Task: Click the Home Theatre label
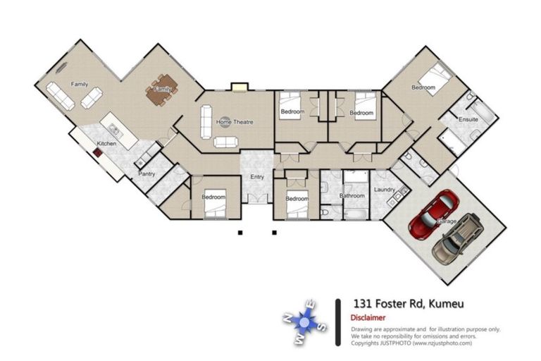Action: (x=234, y=123)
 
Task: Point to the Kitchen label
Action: (x=106, y=144)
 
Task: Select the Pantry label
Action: (x=147, y=173)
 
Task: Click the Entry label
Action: (x=257, y=177)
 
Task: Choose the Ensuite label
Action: (x=468, y=120)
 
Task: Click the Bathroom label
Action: (x=352, y=195)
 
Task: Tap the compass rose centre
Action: (x=304, y=322)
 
